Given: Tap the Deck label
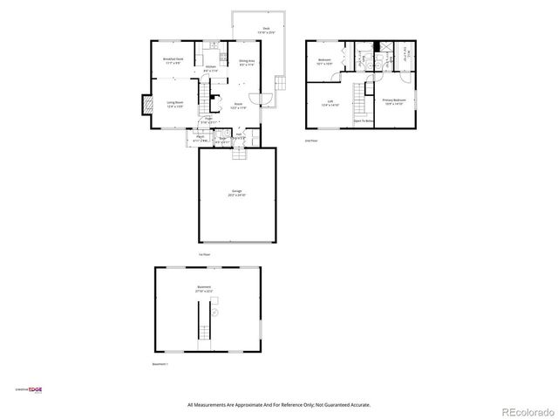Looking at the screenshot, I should point(266,30).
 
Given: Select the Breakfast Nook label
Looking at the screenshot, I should point(172,60).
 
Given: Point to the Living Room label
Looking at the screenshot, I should point(174,104).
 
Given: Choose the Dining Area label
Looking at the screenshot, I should point(247,62).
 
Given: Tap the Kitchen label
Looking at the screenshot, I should point(210,68).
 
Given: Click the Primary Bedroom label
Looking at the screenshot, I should point(394,101).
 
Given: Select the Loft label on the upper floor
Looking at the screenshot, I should point(330,104).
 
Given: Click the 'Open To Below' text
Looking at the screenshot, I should point(364,120).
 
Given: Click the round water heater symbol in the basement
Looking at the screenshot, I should point(215,312).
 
